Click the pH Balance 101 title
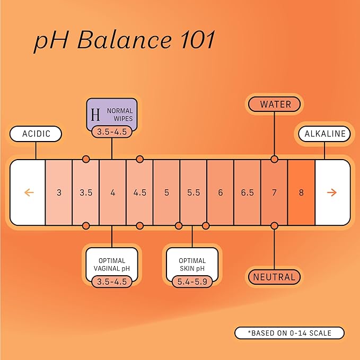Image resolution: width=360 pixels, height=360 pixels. pos(124,42)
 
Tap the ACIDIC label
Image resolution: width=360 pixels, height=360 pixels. pos(36,134)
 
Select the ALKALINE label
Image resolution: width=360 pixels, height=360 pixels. pos(324,134)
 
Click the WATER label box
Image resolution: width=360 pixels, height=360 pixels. pos(274,104)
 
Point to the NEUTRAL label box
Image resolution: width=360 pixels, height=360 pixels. pos(274,277)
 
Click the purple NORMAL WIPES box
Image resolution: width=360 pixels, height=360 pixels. pos(112,113)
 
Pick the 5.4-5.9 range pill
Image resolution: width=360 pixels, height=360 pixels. pos(192,282)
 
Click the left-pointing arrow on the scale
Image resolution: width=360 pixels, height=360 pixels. pos(29,192)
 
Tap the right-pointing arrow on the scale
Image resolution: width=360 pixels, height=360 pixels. pos(332,192)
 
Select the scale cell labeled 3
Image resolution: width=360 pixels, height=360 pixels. pos(59,192)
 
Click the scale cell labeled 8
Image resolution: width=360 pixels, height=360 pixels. pos(301,192)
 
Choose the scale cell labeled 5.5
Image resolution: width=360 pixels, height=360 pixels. pos(194,192)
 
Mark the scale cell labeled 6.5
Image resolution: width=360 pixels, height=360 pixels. pos(247,192)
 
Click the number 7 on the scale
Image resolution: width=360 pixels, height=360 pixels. pos(274,192)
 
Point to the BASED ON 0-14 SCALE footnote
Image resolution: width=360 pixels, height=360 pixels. pos(289,333)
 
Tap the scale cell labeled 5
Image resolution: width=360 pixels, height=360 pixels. pos(166,192)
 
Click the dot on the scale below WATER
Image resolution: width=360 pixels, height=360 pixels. pos(274,159)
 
